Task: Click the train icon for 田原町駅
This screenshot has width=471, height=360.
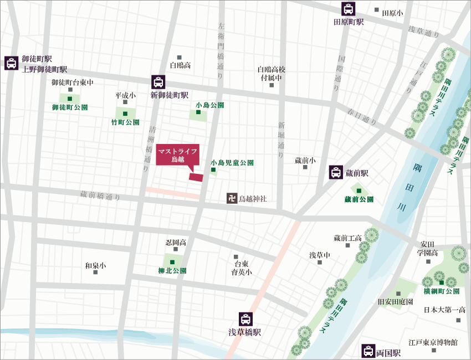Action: [x=348, y=9]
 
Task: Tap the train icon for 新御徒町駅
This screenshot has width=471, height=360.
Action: [x=158, y=82]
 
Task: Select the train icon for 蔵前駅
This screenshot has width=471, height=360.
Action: [x=336, y=172]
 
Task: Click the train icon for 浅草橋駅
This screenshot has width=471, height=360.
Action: [x=245, y=320]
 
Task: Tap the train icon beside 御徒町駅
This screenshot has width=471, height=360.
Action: [x=11, y=63]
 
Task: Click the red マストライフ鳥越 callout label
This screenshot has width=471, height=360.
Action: [x=177, y=155]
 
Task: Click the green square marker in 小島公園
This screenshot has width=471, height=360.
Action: [x=198, y=114]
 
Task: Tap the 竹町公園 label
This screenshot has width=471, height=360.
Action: [x=125, y=122]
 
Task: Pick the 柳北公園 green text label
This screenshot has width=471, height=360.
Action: [x=172, y=271]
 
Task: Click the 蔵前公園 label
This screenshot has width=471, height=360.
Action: [x=359, y=199]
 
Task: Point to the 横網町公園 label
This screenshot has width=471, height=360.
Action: [x=441, y=291]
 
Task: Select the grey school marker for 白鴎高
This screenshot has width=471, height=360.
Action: [x=180, y=58]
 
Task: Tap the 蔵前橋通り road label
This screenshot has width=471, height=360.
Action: [x=100, y=195]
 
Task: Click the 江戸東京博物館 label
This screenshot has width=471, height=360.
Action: [x=433, y=342]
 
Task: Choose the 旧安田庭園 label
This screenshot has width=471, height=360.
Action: [x=396, y=302]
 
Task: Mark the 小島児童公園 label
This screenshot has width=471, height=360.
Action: [x=232, y=163]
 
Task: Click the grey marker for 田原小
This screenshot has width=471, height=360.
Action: [x=377, y=10]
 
